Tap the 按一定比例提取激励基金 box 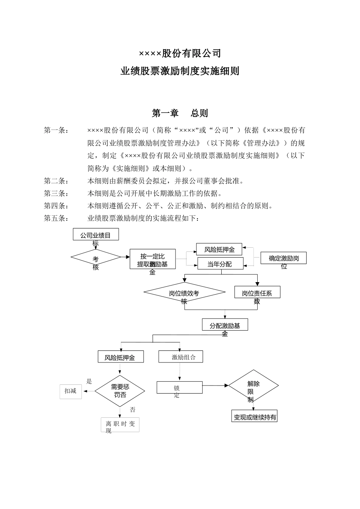tap(152, 259)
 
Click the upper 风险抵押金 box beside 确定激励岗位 tap(219, 249)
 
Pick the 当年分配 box tap(220, 264)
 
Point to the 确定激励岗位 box tap(283, 258)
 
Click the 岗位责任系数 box tap(257, 292)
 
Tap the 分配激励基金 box tap(225, 325)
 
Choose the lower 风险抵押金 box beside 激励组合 tap(121, 357)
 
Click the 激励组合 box tap(181, 357)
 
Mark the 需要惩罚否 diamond tap(120, 391)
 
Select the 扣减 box tap(70, 391)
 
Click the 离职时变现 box tap(120, 425)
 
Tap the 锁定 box tap(180, 387)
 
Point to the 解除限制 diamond tap(253, 386)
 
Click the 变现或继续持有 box tap(254, 416)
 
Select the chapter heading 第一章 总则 tap(180, 113)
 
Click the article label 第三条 tap(56, 194)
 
